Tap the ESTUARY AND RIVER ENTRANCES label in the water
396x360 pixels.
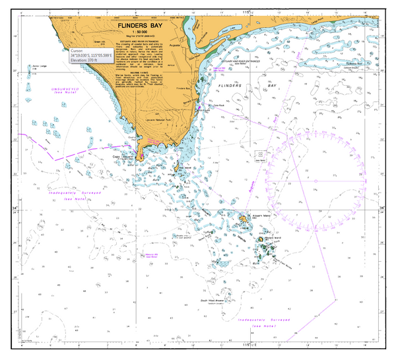pyautogui.click(x=243, y=61)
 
